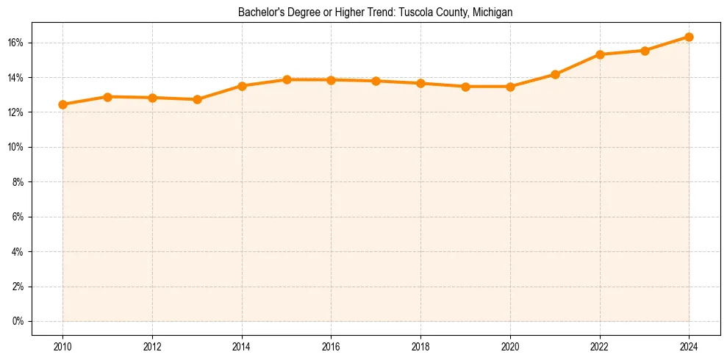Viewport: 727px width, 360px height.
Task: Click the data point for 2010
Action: click(62, 104)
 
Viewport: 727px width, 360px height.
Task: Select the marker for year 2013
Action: click(197, 99)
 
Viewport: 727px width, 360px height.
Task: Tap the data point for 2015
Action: click(287, 79)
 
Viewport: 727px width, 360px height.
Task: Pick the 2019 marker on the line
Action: click(465, 87)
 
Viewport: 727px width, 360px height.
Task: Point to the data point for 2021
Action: click(555, 74)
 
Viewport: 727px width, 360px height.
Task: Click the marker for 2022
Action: click(600, 54)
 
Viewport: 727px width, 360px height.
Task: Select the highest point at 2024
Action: click(689, 37)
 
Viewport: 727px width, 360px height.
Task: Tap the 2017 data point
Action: click(376, 81)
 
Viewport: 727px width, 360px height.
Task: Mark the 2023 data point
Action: click(645, 51)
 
